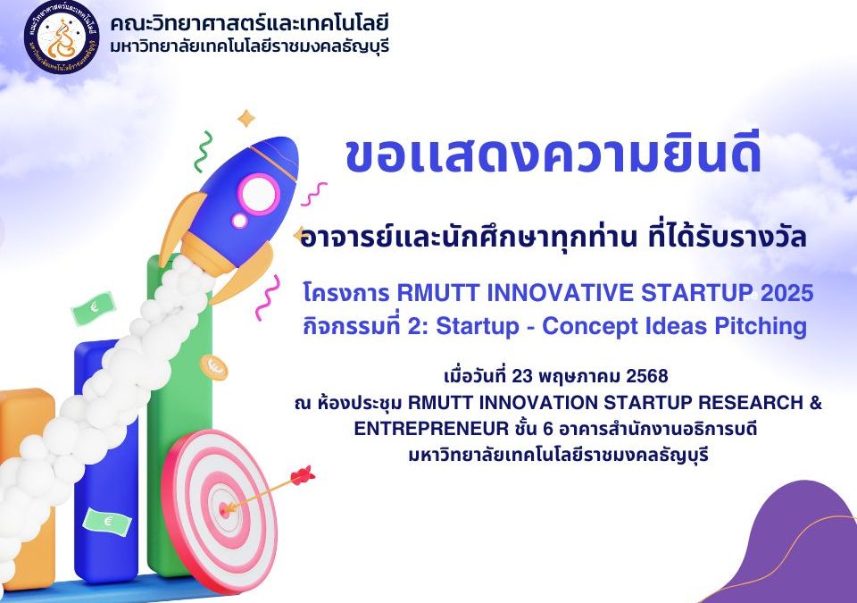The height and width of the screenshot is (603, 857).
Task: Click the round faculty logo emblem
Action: click(62, 37)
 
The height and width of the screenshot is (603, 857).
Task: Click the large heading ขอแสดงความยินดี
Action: click(553, 156)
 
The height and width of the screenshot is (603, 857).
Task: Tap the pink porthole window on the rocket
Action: click(259, 194)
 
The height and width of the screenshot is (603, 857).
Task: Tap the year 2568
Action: click(647, 376)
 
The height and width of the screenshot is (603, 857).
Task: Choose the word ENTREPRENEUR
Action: click(431, 429)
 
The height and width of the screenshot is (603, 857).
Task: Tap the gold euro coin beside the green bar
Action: click(213, 367)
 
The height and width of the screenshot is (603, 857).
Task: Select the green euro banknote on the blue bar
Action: click(107, 522)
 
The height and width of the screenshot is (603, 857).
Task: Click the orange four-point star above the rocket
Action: click(246, 118)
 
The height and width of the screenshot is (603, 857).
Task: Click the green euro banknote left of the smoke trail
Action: click(94, 308)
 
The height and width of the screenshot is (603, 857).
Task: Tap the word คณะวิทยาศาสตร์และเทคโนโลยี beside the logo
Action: click(249, 23)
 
